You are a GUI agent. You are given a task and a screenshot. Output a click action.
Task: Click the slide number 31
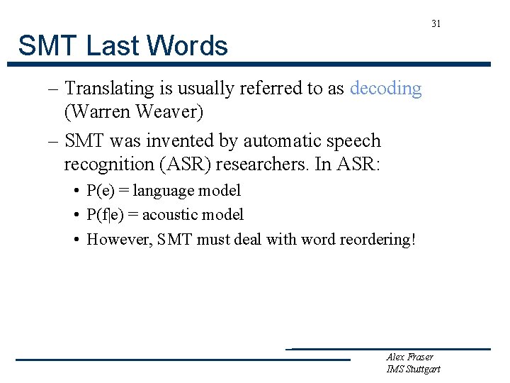436,24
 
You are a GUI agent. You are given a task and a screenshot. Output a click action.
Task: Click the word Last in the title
112,46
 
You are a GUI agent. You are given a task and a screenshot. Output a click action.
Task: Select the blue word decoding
386,89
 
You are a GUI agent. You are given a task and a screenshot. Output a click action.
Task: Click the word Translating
110,89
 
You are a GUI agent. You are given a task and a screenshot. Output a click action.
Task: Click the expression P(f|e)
106,214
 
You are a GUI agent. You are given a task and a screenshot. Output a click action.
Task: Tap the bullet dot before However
76,239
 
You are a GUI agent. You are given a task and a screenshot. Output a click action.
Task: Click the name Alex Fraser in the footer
409,357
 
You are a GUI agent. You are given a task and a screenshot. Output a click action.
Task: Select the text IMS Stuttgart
413,369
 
